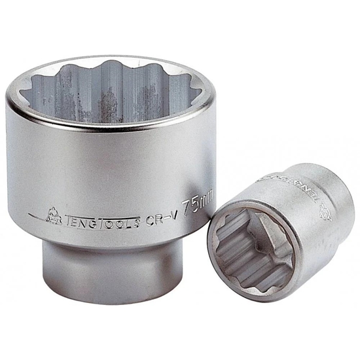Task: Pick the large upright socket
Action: pos(111,164)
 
